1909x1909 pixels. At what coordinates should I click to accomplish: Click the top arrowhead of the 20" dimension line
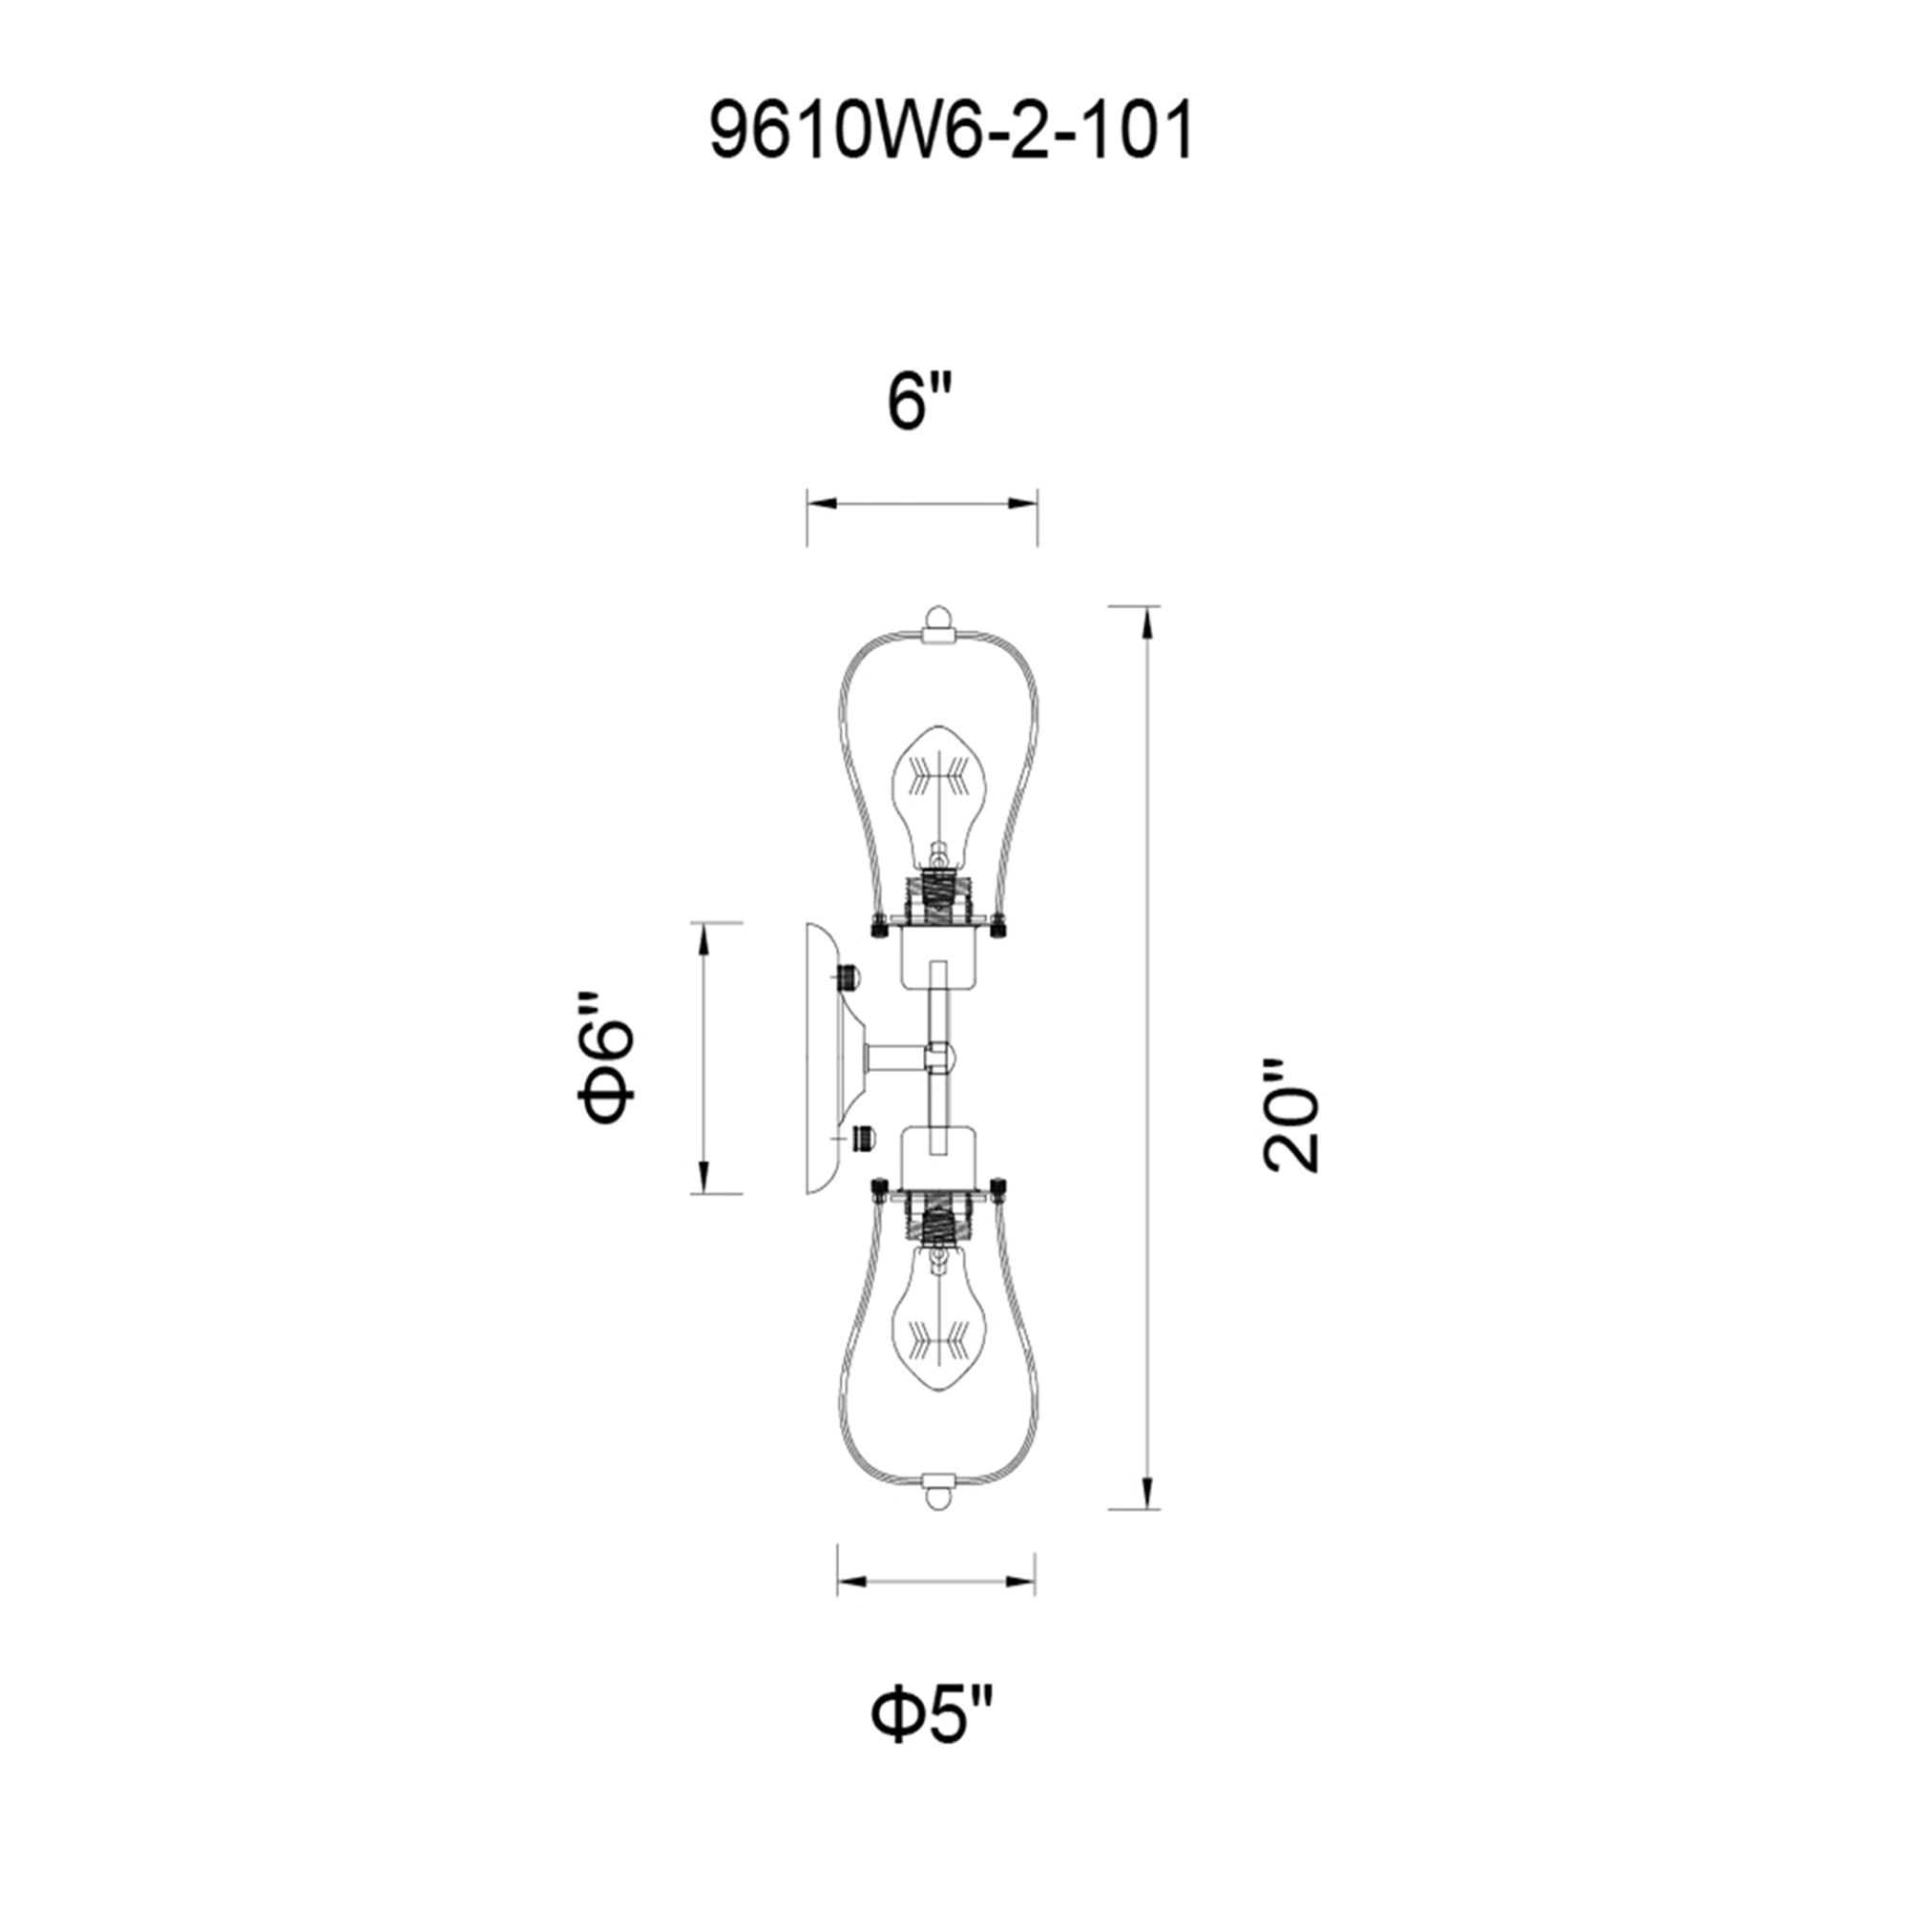point(1146,624)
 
